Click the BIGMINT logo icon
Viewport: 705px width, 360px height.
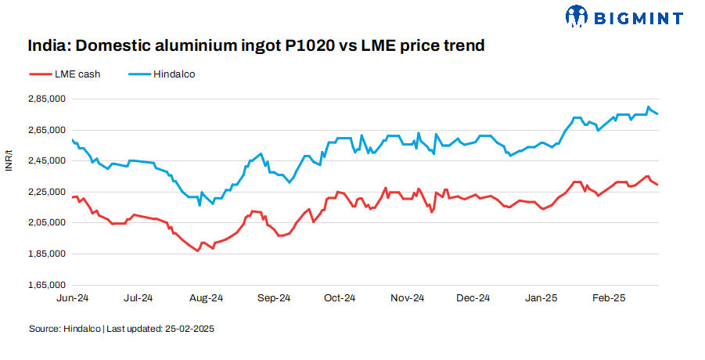(x=576, y=16)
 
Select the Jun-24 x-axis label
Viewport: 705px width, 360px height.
(x=72, y=298)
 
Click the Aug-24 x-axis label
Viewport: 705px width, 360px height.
(x=207, y=298)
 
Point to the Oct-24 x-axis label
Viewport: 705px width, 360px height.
(x=340, y=298)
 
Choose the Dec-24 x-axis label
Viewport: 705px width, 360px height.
(x=473, y=298)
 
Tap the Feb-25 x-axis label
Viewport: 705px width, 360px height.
(x=608, y=298)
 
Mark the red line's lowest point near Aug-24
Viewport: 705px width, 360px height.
(x=197, y=251)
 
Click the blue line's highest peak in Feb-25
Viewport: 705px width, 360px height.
(x=648, y=107)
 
